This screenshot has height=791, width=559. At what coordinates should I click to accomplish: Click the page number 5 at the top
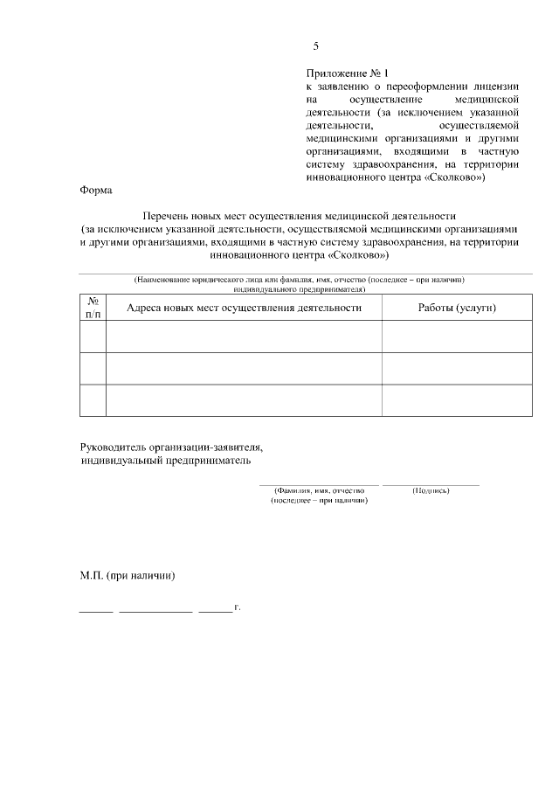click(316, 46)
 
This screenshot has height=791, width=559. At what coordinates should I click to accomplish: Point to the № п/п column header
click(93, 307)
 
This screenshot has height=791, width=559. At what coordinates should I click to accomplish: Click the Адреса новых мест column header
click(244, 308)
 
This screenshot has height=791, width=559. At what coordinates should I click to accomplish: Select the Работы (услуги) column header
click(457, 308)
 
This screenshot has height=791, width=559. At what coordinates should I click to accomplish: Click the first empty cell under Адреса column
click(244, 337)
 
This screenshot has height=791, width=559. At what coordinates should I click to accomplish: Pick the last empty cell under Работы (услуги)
click(457, 400)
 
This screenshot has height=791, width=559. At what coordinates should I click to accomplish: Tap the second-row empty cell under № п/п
click(93, 368)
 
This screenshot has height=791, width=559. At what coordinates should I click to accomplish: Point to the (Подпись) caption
click(431, 490)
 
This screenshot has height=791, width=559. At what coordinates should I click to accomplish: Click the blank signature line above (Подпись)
click(431, 483)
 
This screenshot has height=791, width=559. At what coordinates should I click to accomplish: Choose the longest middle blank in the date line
click(155, 610)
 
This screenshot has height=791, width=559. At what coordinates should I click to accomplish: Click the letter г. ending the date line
click(237, 607)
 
